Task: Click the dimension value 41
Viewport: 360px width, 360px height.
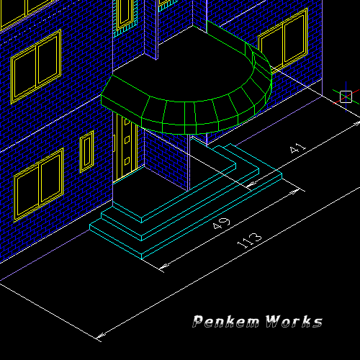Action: click(298, 148)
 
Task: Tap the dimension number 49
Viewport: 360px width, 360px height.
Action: click(221, 224)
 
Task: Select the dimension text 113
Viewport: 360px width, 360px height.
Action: click(250, 240)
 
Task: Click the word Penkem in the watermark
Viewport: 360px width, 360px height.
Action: click(226, 321)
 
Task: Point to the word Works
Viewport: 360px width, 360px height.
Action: click(294, 321)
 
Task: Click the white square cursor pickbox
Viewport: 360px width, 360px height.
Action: click(346, 96)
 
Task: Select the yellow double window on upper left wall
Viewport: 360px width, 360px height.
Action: click(36, 67)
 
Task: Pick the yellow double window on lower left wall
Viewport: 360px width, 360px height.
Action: click(39, 185)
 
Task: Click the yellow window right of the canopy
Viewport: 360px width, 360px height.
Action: click(284, 41)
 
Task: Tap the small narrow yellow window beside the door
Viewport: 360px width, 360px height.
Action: click(86, 152)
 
